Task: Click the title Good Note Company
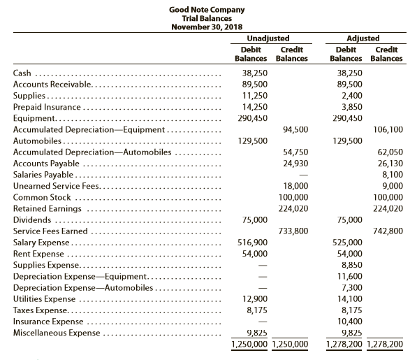207,9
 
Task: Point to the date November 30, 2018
207,27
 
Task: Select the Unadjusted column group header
268,38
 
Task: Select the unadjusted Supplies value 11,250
253,95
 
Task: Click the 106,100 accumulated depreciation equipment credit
389,129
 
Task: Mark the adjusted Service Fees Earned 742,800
389,231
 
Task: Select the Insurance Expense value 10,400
349,322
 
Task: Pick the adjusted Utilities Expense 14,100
349,299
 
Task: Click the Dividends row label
32,219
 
